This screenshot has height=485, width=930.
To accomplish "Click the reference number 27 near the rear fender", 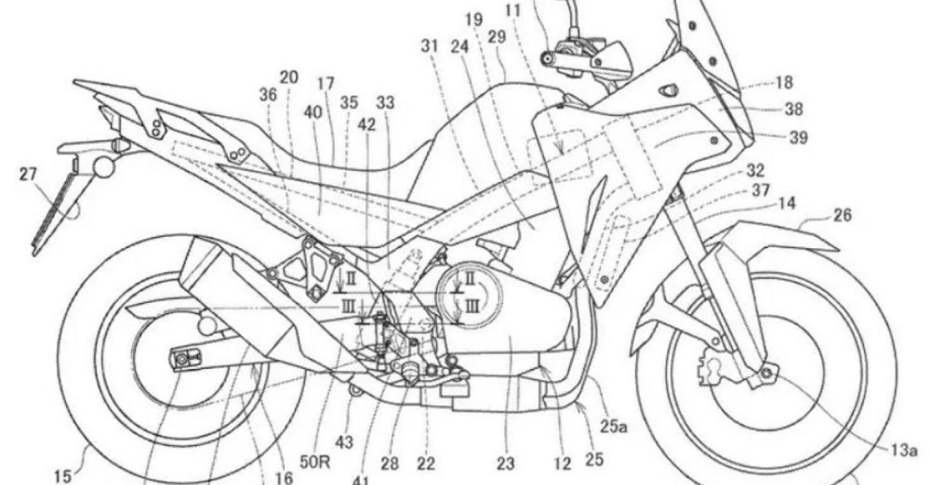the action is (28, 175).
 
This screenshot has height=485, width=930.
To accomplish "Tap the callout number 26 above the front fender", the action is (842, 215).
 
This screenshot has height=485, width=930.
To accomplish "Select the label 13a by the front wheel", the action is (903, 451).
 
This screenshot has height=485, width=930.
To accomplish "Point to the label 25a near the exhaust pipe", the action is (613, 427).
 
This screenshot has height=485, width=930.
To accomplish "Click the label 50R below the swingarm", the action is (316, 462).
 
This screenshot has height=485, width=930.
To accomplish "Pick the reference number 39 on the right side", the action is (798, 138).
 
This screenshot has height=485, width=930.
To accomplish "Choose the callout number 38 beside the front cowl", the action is (794, 110).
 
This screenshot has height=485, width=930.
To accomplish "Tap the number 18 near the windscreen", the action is (784, 83).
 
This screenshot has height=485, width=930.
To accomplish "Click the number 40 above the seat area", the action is (312, 112).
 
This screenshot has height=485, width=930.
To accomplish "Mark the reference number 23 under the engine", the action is (505, 463).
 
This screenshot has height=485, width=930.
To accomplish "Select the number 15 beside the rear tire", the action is (63, 476).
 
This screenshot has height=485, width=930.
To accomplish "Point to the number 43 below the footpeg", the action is (344, 442).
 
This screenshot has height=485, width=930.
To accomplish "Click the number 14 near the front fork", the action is (786, 203).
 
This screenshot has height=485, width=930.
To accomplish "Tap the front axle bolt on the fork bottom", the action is (766, 373).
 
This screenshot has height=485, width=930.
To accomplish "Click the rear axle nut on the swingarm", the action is (182, 359).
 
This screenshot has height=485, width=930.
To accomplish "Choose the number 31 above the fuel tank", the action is (429, 46).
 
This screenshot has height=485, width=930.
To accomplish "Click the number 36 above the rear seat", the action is (268, 95).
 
